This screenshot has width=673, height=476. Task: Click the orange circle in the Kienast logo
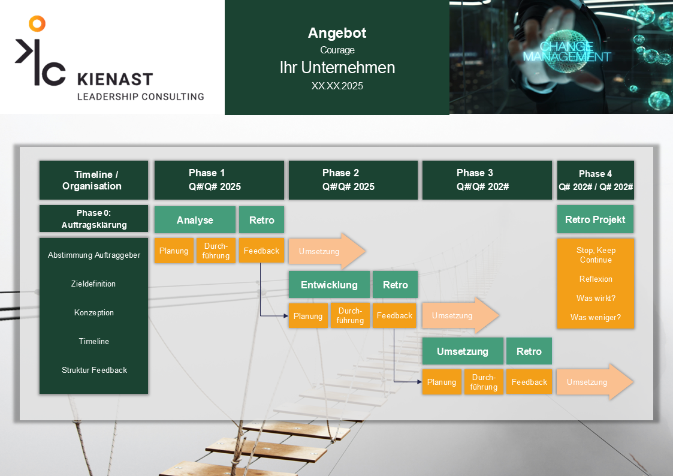point(37,23)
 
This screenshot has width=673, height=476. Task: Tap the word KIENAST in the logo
point(115,79)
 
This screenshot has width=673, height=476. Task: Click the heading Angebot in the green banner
point(337,33)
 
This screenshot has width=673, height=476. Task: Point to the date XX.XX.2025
point(337,86)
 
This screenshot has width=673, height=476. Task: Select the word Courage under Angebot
point(337,50)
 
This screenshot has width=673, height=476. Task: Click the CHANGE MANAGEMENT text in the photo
point(566,52)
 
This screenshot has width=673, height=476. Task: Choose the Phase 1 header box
point(219,180)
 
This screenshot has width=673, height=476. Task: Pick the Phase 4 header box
point(595,180)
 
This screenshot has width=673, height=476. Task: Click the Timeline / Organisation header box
point(93,180)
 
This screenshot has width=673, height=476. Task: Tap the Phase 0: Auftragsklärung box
point(93,218)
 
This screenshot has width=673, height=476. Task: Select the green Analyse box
point(195,220)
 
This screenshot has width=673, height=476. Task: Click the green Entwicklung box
point(329,285)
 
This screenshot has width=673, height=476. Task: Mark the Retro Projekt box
point(595,219)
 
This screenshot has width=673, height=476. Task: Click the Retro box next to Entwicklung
point(395,285)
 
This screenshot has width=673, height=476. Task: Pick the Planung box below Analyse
point(174,251)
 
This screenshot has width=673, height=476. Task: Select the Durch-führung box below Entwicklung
point(350,315)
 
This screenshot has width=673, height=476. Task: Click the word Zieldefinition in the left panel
point(93,284)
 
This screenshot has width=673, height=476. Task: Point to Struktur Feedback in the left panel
point(95,370)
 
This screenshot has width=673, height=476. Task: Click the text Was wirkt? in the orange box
point(596,298)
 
